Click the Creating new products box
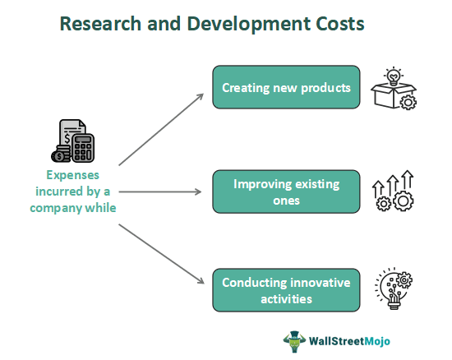[285, 87]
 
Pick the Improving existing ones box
[285, 192]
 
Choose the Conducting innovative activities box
[285, 291]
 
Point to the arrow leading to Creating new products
[161, 127]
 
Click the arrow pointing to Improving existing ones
[160, 192]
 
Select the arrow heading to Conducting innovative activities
[161, 255]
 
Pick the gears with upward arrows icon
[394, 192]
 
